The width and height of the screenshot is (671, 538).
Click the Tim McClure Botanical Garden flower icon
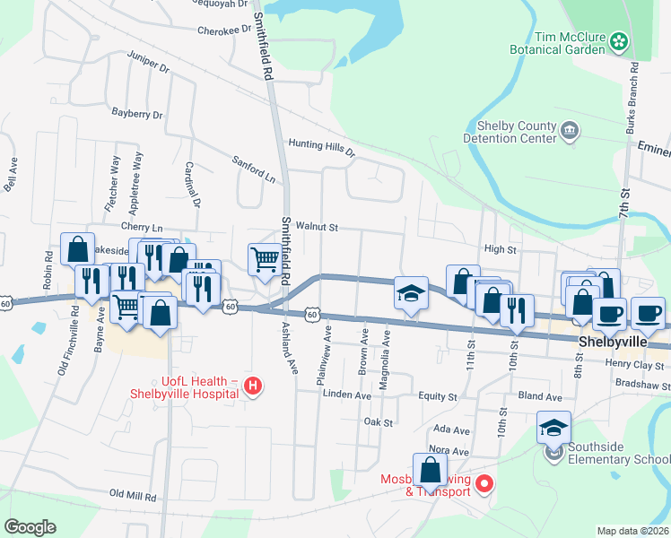point(618,40)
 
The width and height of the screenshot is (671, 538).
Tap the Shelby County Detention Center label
point(510,132)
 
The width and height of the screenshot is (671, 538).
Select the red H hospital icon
point(254,386)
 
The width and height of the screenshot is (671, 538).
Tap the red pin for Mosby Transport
point(484,485)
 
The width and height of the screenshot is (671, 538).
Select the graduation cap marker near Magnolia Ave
point(411,293)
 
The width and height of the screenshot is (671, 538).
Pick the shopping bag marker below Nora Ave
point(431,469)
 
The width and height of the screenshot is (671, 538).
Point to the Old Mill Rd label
point(133,494)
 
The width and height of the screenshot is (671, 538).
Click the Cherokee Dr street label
point(225,30)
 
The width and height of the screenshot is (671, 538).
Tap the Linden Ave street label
point(346,395)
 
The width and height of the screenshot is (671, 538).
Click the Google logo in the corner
point(30,527)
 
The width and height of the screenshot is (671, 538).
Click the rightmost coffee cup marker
point(648,314)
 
